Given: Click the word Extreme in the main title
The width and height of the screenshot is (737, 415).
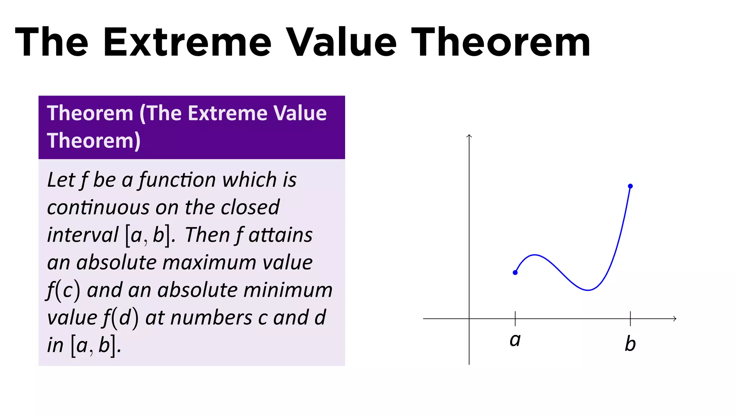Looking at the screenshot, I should [x=187, y=43].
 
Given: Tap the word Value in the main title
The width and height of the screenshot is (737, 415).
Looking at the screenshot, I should [x=342, y=43].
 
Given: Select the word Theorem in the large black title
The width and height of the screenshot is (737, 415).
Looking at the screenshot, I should [x=501, y=43].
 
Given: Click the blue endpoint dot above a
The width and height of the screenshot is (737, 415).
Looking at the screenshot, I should [x=515, y=273].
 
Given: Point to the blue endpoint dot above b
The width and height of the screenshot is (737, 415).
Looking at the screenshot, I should [x=630, y=186].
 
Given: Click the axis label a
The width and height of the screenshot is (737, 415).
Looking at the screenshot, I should [x=515, y=340].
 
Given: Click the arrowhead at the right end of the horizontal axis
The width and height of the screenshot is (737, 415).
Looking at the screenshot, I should [x=675, y=318].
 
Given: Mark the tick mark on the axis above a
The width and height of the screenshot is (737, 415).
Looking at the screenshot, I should [x=515, y=318].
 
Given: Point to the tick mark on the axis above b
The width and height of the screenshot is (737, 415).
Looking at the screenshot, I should [x=630, y=318].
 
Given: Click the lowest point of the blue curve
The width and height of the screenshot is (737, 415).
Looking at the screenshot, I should [x=588, y=290].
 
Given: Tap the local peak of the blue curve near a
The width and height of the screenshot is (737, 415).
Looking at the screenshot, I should [x=535, y=255].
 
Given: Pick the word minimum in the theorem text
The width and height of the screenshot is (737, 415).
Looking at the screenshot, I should [x=288, y=290].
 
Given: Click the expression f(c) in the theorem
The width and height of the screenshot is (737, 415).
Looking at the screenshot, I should [x=63, y=290].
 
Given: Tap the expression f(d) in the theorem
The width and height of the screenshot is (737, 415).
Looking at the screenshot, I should [x=121, y=318].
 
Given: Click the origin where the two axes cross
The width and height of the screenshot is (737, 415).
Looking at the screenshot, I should [x=469, y=318].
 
